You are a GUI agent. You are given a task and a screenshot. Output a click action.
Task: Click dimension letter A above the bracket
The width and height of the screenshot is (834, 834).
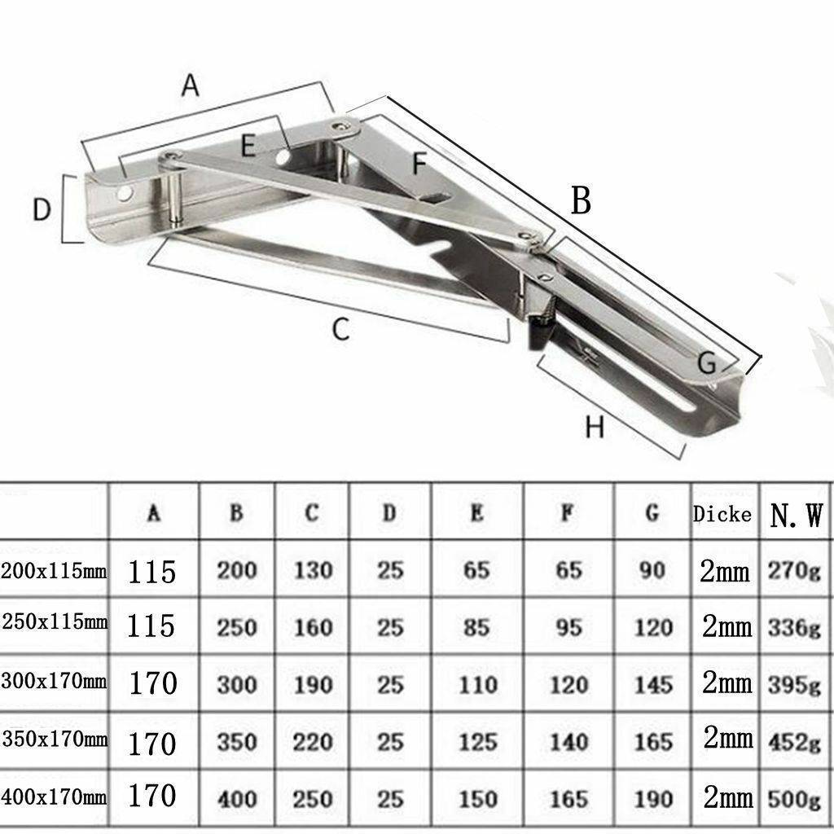[x=190, y=85]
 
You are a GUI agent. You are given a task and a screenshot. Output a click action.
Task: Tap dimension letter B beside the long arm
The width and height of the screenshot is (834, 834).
[x=581, y=200]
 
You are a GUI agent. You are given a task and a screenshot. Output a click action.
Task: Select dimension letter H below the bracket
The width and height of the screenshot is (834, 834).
[x=595, y=426]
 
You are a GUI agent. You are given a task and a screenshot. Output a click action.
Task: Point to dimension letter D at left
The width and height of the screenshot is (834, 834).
[x=42, y=210]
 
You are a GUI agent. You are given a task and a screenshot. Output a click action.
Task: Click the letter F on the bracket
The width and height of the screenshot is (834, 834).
[x=419, y=164]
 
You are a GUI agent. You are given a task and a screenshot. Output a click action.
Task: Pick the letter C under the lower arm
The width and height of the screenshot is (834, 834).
[x=340, y=330]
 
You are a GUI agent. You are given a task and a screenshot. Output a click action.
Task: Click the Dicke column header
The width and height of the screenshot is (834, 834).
[x=722, y=514]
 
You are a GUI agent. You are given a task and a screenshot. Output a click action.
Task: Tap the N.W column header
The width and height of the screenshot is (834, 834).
[x=796, y=516]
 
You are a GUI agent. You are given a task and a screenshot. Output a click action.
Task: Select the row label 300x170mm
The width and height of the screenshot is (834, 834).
[x=54, y=680]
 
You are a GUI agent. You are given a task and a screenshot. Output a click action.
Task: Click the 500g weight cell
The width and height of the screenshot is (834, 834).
[x=794, y=797]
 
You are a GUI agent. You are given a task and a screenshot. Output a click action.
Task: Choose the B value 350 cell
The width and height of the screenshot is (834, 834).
[x=236, y=742]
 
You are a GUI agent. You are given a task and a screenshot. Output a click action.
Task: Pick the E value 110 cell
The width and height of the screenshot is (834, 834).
[x=476, y=684]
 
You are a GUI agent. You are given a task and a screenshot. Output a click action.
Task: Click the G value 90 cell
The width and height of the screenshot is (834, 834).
[x=652, y=570]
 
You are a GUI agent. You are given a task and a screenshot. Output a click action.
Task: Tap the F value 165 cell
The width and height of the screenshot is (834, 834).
[x=568, y=798]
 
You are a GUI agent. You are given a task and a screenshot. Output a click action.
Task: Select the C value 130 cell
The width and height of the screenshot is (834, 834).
[x=313, y=570]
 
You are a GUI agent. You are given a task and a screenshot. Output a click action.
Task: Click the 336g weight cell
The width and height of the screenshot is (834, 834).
[x=794, y=627]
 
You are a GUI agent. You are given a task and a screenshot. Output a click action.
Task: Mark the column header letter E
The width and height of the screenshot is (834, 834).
[x=477, y=513]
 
